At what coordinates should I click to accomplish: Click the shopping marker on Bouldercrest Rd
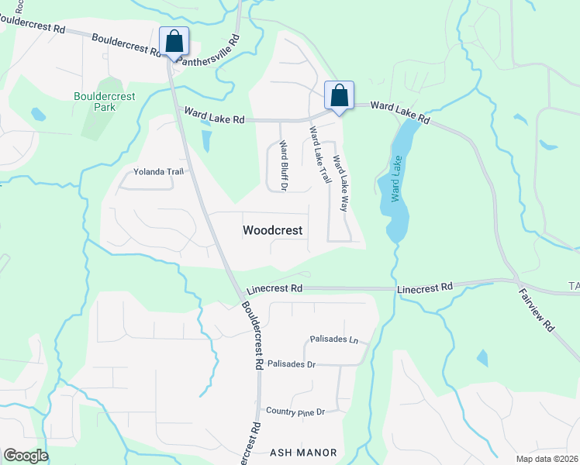coord(174,41)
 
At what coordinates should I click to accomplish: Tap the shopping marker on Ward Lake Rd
coord(339,96)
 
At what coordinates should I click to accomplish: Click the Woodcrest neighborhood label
coord(272,230)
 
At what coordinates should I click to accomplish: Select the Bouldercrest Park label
coord(104,102)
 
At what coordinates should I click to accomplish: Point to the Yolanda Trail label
coord(159,171)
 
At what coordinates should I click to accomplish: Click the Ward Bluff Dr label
coord(284,165)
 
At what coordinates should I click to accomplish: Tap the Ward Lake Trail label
coord(319,155)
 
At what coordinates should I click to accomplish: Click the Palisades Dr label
coord(291,363)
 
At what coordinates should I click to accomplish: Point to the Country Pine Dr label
coord(294,411)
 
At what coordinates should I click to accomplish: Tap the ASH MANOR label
coord(303,453)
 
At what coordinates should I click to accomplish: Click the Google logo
coord(26,456)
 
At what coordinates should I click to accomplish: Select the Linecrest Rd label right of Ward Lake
coord(424,288)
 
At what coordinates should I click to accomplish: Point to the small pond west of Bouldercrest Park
coord(38,115)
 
